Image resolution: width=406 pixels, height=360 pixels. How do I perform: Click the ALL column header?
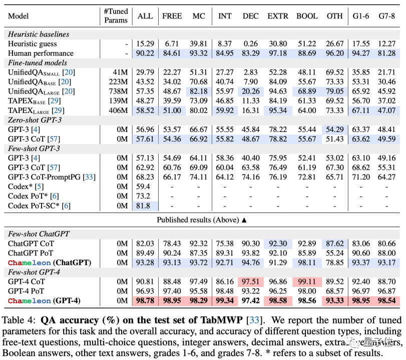click(145, 16)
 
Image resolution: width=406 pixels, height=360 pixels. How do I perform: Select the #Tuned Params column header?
click(116, 16)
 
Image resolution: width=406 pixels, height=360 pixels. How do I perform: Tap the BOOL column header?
click(307, 16)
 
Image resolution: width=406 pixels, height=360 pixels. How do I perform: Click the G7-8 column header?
click(386, 16)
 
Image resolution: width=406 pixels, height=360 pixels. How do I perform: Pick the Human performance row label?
click(41, 53)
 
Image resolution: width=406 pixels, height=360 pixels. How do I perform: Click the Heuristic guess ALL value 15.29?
click(145, 44)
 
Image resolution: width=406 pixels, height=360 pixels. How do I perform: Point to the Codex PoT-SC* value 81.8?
click(144, 205)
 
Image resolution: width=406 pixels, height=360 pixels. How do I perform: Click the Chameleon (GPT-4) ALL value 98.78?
click(145, 300)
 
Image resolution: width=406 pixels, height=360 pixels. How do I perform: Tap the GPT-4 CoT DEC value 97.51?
click(250, 281)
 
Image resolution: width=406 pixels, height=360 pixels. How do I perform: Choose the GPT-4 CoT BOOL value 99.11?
click(307, 281)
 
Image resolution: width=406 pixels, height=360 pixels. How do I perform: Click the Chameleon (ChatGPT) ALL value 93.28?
click(145, 262)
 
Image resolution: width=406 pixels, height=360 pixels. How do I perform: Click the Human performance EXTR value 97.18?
click(278, 53)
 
